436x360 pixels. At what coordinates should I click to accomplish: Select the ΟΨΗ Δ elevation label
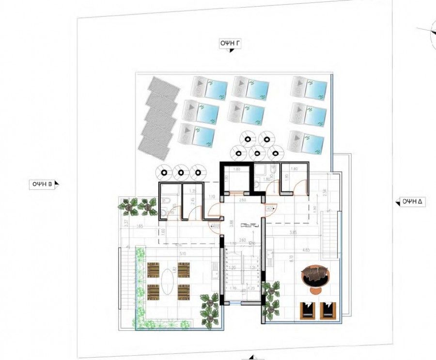410,201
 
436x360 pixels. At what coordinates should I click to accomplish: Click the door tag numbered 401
270,208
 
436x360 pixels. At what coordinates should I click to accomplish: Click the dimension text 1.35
192,191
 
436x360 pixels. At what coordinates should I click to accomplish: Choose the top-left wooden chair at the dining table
153,269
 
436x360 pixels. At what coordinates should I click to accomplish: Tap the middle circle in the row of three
181,172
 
